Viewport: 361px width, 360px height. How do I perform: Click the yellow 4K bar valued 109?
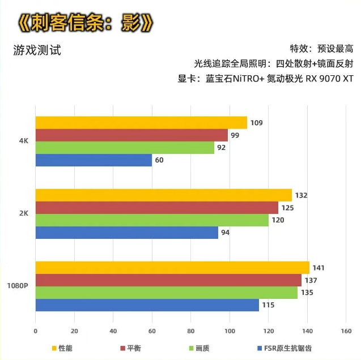pos(141,122)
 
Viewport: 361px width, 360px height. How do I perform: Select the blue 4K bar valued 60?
pos(94,160)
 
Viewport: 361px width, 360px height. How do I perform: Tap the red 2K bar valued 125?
pos(156,208)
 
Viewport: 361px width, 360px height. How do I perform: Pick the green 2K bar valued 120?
pos(152,220)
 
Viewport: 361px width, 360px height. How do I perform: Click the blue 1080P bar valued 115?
pos(147,305)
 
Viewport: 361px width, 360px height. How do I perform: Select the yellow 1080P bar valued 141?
pos(172,268)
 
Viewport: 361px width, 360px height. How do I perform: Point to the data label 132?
pos(301,195)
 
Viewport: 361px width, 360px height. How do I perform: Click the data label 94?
pos(226,233)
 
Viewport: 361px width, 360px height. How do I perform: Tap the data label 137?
pos(310,280)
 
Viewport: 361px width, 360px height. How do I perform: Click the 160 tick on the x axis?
pos(346,332)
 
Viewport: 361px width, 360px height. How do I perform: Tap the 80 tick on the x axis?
pos(190,332)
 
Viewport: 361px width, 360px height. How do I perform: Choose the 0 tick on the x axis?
pos(36,332)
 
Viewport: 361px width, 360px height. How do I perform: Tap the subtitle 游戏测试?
pos(37,50)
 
